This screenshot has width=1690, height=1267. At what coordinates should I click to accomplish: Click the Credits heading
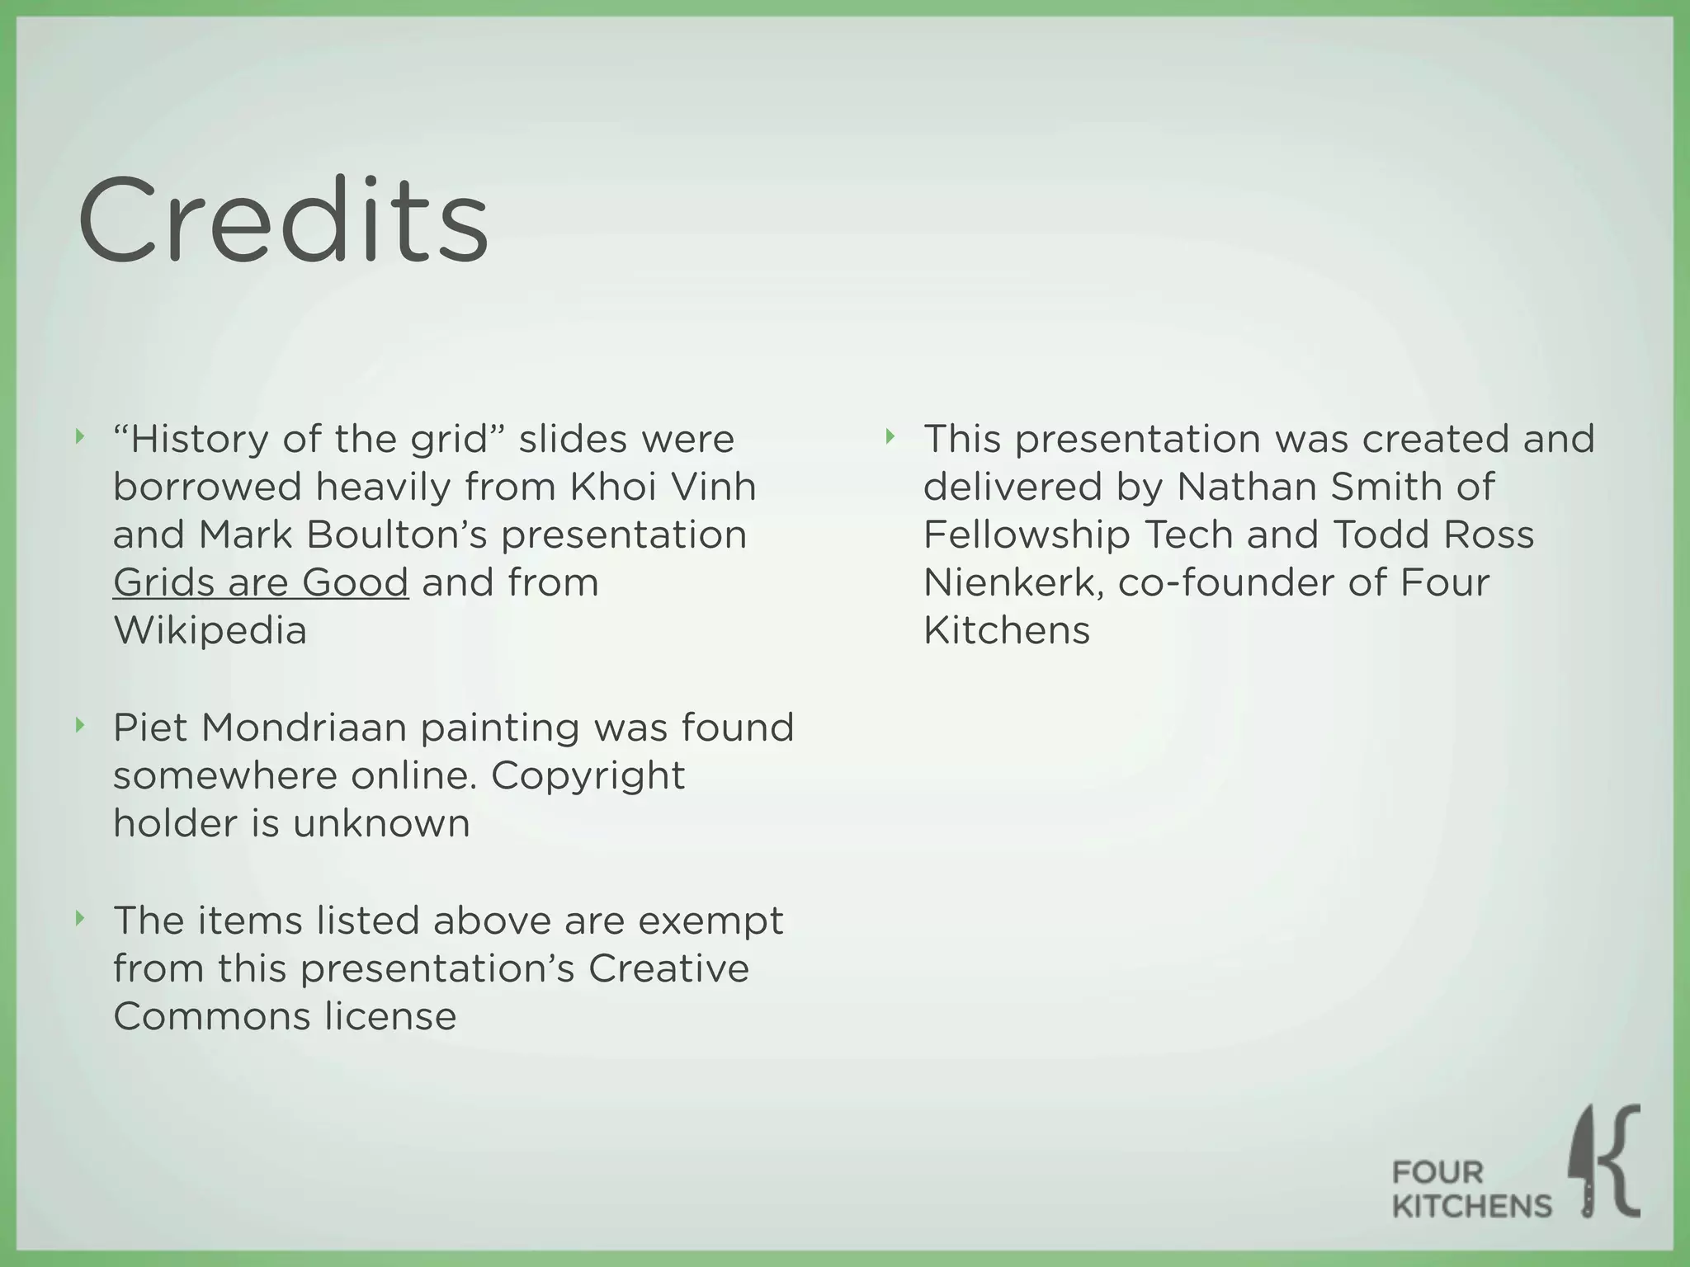[x=283, y=220]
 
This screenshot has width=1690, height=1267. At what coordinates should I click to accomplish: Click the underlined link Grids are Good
[x=261, y=582]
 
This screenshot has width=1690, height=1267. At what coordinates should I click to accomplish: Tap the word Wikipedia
[x=210, y=631]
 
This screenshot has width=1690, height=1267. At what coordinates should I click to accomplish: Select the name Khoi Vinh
[x=663, y=487]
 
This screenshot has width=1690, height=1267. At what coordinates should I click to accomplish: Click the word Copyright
[x=588, y=775]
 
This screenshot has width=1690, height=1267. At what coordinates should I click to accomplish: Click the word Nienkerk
[x=1014, y=582]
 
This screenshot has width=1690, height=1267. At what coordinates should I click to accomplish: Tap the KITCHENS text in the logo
[x=1472, y=1206]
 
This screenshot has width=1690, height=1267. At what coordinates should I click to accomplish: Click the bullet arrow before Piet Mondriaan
[x=80, y=725]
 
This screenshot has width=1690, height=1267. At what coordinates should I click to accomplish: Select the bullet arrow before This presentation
[x=890, y=436]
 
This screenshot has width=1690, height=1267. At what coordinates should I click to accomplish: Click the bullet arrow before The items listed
[x=80, y=917]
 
